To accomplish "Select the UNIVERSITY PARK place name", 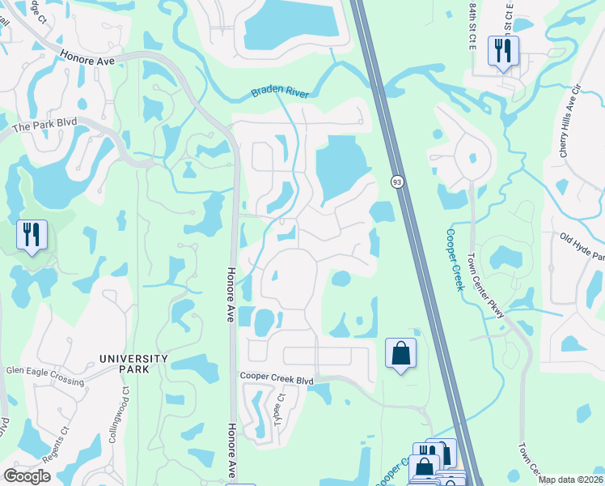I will (x=133, y=364).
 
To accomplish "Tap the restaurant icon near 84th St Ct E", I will (x=503, y=51).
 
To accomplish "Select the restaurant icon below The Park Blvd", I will (x=32, y=235).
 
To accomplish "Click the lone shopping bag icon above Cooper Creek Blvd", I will (x=400, y=353).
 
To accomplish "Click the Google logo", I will (x=27, y=476).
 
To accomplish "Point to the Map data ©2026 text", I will (x=570, y=480).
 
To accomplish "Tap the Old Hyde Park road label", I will (x=582, y=246).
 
